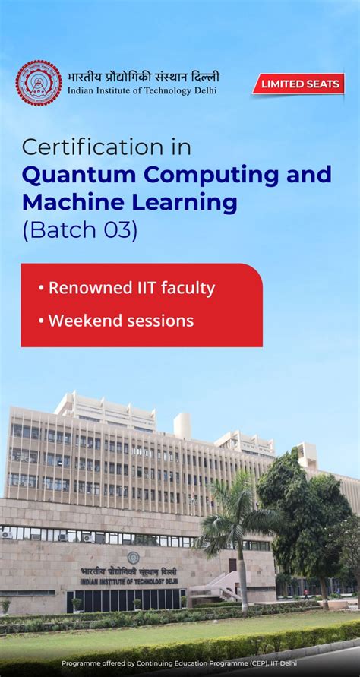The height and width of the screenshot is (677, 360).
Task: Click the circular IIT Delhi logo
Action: pos(39,83)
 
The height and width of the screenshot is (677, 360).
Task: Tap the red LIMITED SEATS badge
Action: pos(298,84)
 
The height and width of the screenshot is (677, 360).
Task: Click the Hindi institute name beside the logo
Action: pos(143,76)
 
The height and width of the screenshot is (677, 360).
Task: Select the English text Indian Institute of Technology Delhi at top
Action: pos(142,90)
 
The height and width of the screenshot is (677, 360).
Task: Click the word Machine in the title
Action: pos(71,203)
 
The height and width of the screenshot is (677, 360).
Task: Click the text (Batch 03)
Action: pos(80,229)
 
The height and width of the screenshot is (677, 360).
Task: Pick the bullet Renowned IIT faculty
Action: pos(127,288)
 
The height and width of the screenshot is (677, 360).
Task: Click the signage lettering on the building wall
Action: pos(129,575)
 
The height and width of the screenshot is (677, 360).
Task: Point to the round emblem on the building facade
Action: pos(134,558)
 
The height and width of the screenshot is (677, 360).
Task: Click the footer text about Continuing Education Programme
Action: pos(179,663)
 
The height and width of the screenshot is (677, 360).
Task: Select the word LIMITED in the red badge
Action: pos(283,84)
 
